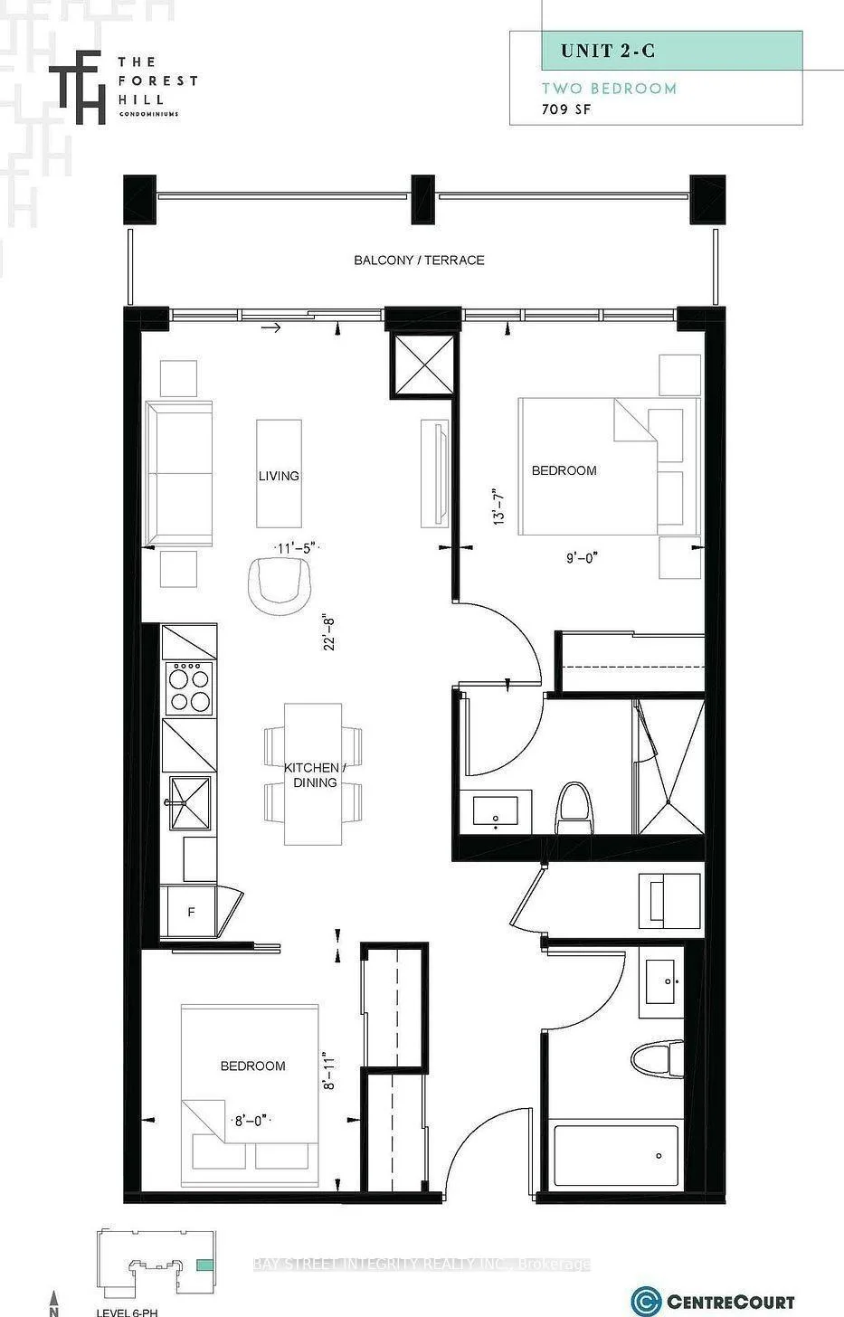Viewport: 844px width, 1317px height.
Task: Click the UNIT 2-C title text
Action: coord(608,51)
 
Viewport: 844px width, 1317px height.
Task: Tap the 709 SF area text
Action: coord(565,109)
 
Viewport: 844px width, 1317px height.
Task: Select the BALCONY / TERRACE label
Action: coord(419,260)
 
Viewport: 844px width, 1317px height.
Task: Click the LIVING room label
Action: coord(279,476)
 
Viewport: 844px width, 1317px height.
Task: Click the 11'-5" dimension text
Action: coord(298,548)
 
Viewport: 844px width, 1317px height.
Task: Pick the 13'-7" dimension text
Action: coord(498,507)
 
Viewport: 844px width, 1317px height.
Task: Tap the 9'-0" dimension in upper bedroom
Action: coord(582,557)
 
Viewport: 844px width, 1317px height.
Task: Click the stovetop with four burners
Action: coord(190,687)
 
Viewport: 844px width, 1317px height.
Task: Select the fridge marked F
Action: coord(189,912)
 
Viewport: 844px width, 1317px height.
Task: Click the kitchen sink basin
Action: coord(190,803)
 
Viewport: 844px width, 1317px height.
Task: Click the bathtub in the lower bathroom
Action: coord(616,1155)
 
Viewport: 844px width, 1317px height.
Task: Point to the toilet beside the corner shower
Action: coord(574,807)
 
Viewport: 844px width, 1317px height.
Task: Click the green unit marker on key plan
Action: coord(204,1265)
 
